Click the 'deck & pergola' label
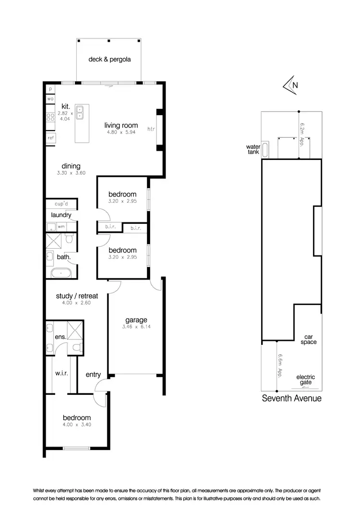point(109,60)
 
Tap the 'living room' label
point(121,126)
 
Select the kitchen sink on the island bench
point(82,112)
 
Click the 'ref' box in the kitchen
point(50,138)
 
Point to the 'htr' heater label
point(151,129)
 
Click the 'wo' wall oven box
point(50,99)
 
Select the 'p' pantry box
point(50,89)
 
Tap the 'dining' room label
point(71,166)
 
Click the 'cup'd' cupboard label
point(61,204)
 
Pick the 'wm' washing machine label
point(61,226)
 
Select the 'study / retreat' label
point(77,296)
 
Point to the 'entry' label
point(93,375)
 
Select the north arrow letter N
point(295,85)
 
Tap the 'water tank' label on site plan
point(252,149)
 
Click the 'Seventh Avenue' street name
point(291,398)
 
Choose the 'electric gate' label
point(306,379)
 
